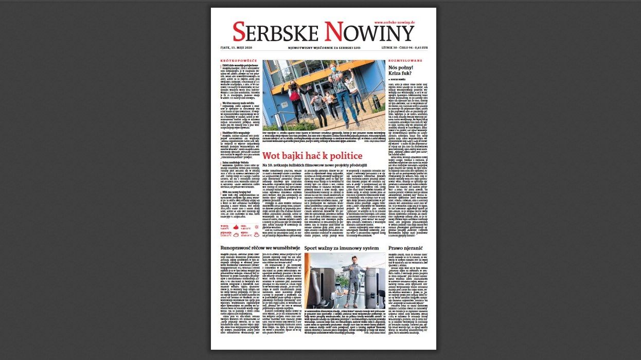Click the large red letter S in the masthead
(x=239, y=32)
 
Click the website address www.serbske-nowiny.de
(x=395, y=23)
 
